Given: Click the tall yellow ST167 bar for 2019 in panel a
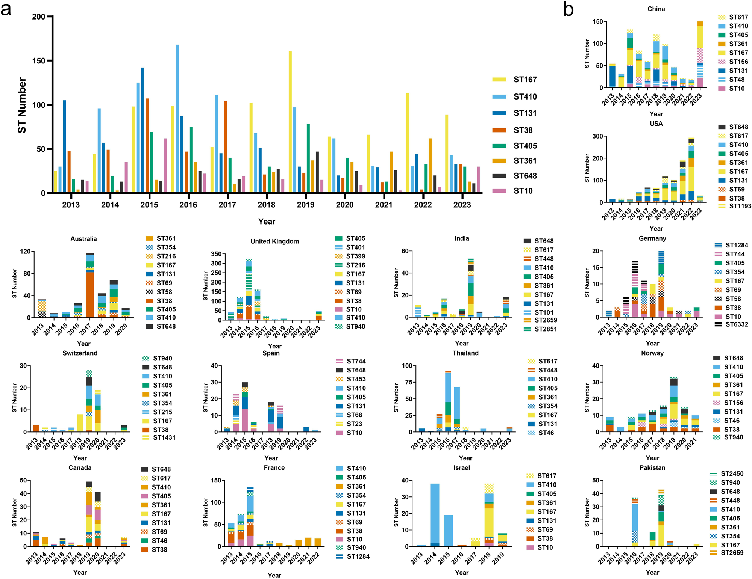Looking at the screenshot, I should (x=290, y=122).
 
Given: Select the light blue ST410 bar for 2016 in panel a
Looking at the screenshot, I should (x=177, y=119).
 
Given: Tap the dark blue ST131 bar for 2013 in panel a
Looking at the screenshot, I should (x=64, y=146).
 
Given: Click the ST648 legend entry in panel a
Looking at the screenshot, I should (x=525, y=176).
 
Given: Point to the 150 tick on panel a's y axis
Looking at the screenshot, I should (x=38, y=61).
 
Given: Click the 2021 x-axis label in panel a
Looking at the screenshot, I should (x=384, y=205).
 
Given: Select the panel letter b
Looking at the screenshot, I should (x=568, y=9).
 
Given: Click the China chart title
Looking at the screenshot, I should (x=656, y=9).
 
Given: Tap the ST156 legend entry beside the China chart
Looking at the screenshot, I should (x=738, y=62).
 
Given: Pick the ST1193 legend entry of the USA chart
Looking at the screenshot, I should (x=740, y=206).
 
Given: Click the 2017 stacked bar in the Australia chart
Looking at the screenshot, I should (x=89, y=285).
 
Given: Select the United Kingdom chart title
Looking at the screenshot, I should (x=274, y=241).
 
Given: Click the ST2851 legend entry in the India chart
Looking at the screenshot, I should (x=545, y=329).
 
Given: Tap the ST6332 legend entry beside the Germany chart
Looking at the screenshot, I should (x=736, y=324).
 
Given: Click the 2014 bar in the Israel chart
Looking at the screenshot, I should (x=435, y=515).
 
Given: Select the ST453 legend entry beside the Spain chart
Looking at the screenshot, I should (x=356, y=379).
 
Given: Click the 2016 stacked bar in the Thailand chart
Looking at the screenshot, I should (x=448, y=401).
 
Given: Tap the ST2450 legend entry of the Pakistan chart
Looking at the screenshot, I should (x=732, y=474).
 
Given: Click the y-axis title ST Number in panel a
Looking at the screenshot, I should (x=22, y=105).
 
